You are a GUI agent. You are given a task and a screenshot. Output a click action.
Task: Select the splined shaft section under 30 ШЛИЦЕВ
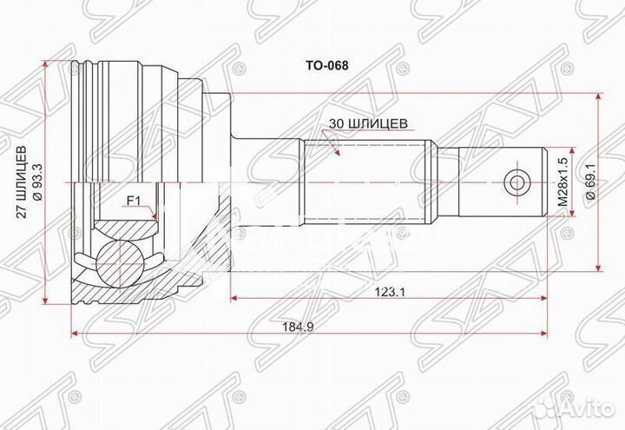tap(369, 182)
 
